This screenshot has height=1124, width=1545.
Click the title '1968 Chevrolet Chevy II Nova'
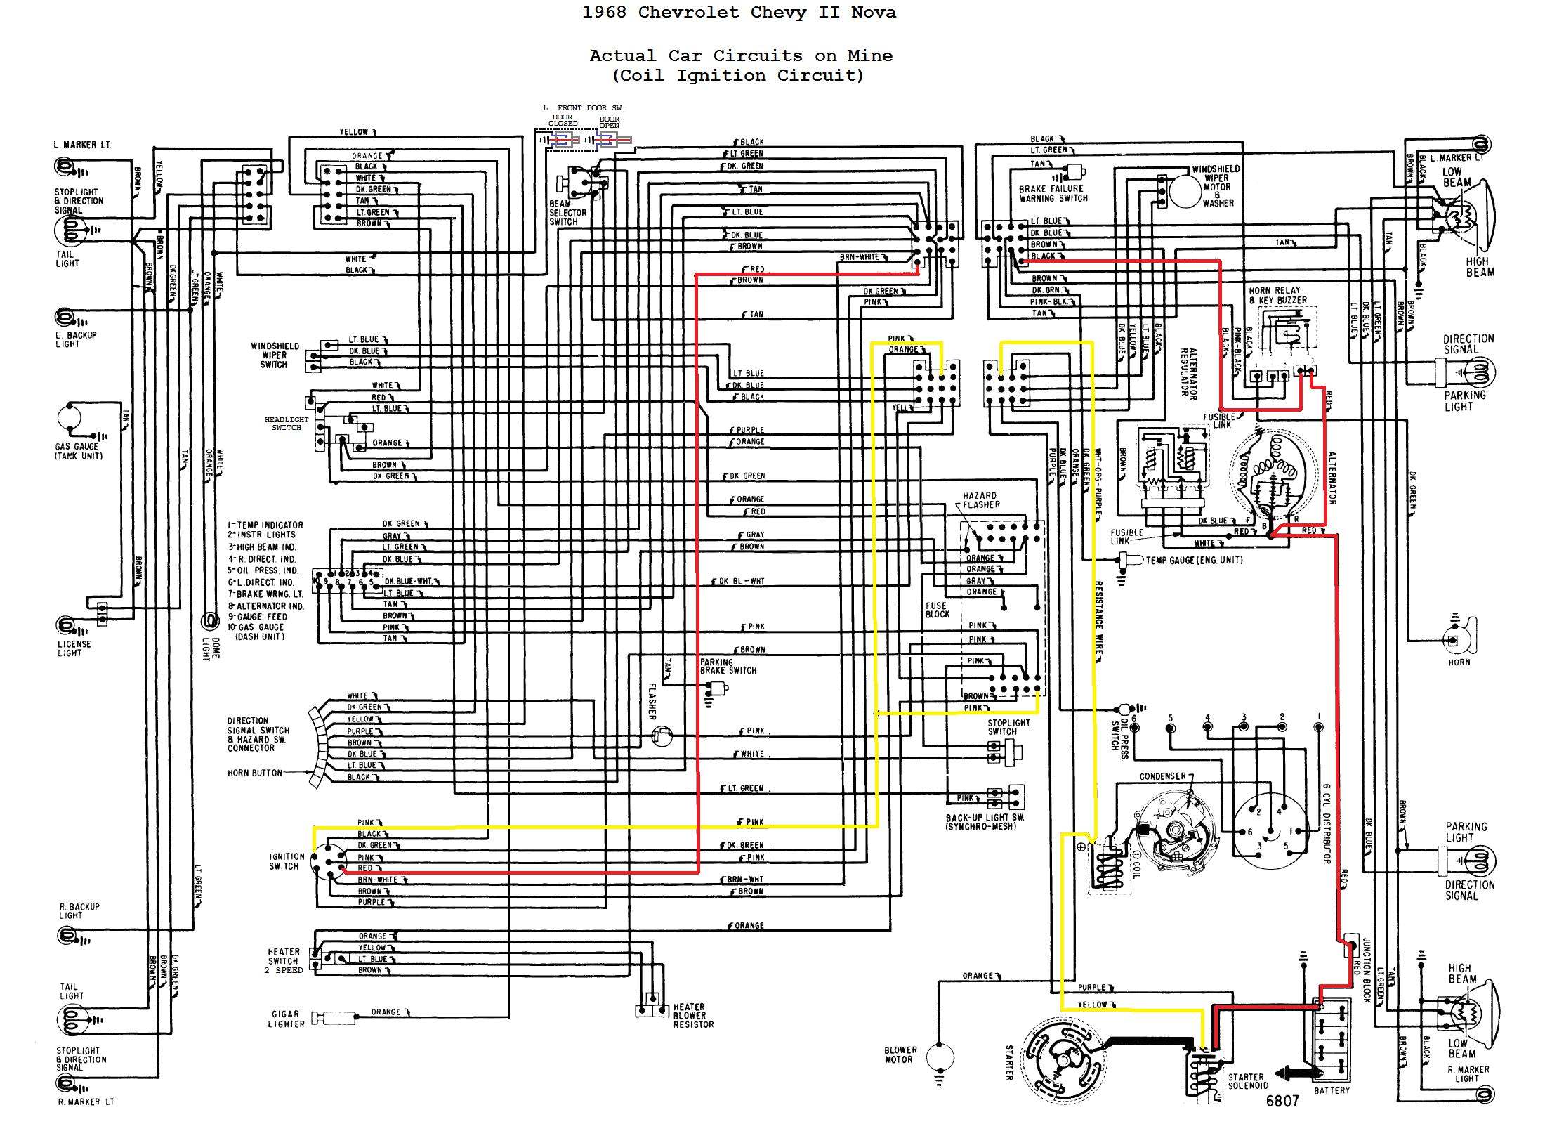739,13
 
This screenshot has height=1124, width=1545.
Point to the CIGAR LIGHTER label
286,1019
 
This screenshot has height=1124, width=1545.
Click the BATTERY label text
1332,1090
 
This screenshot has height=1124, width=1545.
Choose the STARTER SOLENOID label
1247,1080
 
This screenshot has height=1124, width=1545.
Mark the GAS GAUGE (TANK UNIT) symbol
70,419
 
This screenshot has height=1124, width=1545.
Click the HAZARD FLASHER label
981,500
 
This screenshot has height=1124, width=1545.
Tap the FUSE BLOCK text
937,610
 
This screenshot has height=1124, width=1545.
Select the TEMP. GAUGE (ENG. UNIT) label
1194,560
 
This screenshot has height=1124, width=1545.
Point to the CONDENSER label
1162,776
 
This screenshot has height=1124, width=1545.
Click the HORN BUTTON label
254,773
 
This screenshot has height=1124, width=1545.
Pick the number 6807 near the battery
1282,1101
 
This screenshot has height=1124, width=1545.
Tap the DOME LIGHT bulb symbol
209,620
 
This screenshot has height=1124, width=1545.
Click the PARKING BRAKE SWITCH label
728,666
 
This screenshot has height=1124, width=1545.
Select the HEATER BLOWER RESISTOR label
692,1016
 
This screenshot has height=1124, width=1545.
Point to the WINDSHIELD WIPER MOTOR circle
1185,190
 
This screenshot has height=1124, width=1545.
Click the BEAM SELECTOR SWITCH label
567,212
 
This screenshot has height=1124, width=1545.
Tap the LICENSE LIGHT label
74,648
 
